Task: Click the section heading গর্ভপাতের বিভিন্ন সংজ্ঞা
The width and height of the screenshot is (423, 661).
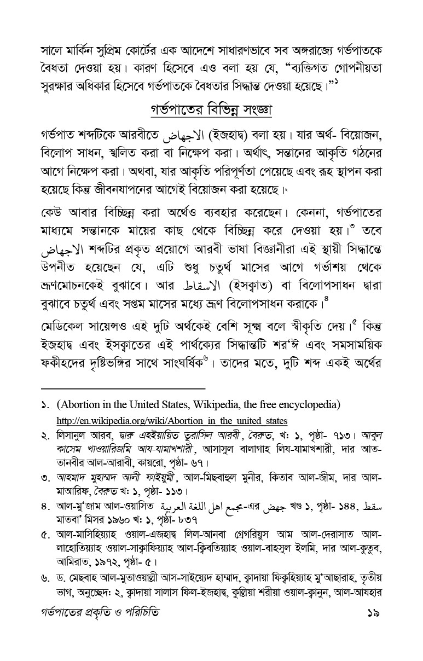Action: click(211, 109)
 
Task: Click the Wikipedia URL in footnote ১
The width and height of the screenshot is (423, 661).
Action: click(172, 421)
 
